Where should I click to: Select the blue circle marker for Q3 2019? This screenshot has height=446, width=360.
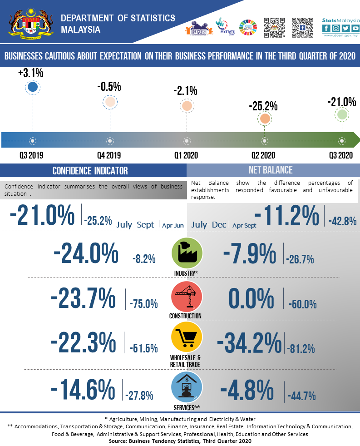(x=32, y=87)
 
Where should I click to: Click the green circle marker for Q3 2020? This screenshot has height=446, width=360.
(x=342, y=115)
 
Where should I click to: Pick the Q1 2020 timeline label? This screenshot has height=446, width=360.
(x=186, y=155)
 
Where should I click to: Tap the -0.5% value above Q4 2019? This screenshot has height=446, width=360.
(x=109, y=87)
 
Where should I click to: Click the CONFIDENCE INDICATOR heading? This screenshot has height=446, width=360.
(x=90, y=171)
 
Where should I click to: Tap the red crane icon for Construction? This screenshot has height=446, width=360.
(x=186, y=297)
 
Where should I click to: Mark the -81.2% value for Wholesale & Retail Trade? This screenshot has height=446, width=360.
(x=301, y=349)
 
